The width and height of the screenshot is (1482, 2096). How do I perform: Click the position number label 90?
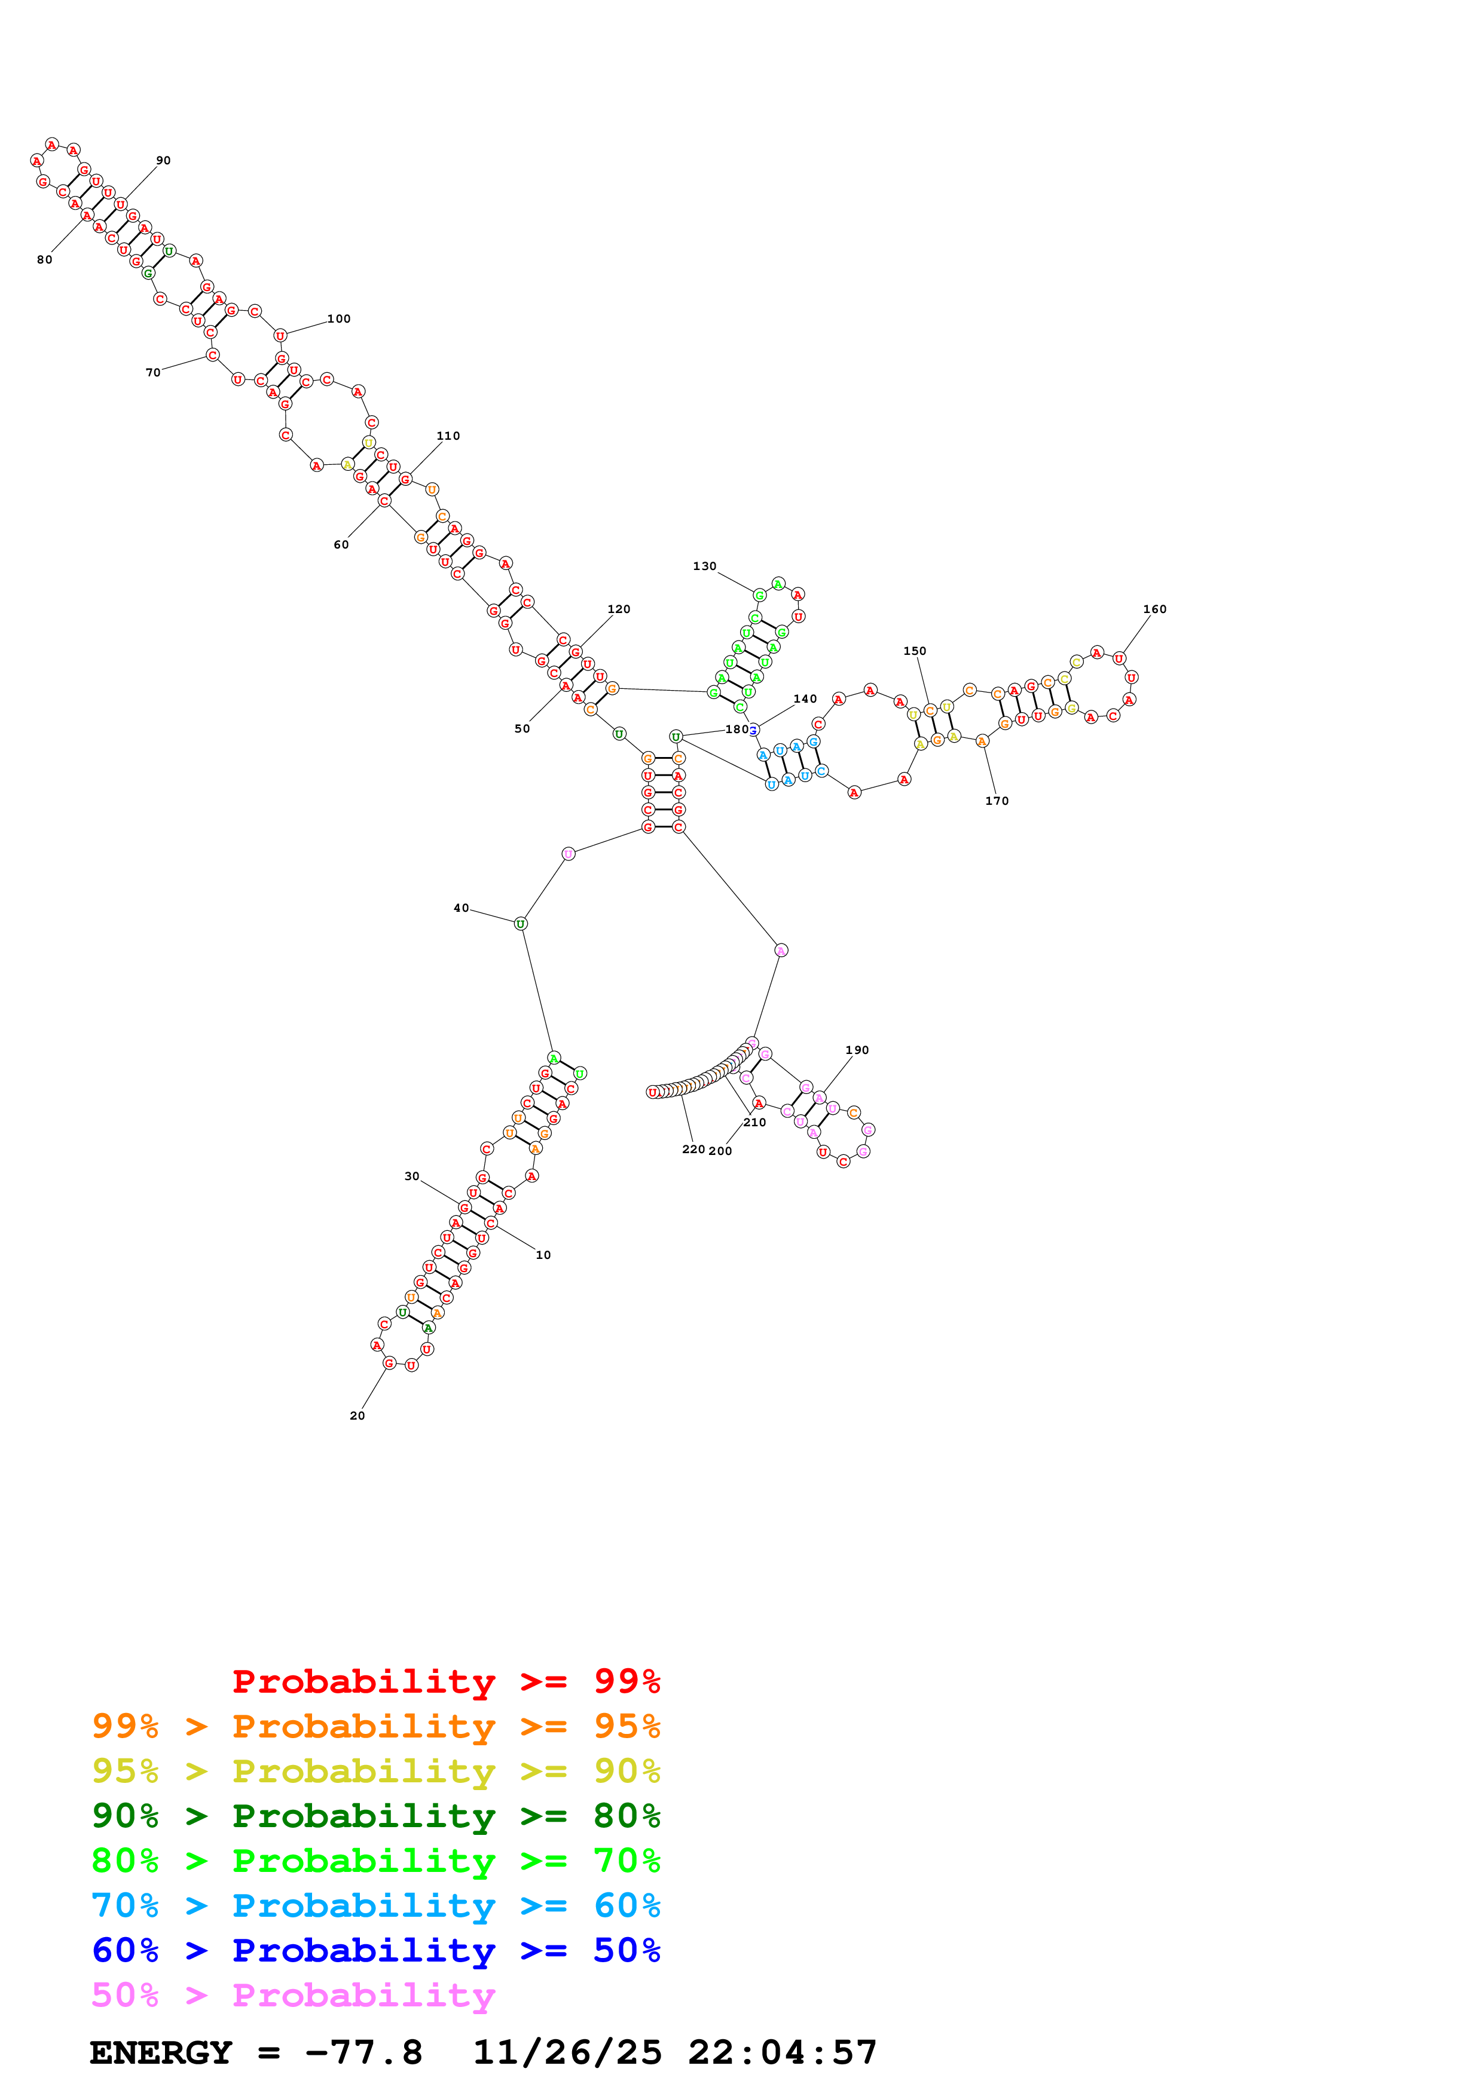163,161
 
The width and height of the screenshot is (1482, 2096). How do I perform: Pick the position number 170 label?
996,801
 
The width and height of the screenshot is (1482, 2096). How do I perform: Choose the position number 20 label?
357,1416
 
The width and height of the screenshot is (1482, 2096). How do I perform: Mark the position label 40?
461,908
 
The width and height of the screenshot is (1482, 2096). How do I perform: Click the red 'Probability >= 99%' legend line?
445,1681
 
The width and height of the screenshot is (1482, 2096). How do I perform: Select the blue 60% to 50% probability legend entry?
375,1950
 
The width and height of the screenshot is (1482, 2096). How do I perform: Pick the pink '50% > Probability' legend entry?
293,1994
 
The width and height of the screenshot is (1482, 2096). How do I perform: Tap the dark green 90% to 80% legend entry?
375,1816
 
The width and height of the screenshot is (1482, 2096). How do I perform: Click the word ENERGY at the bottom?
161,2052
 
